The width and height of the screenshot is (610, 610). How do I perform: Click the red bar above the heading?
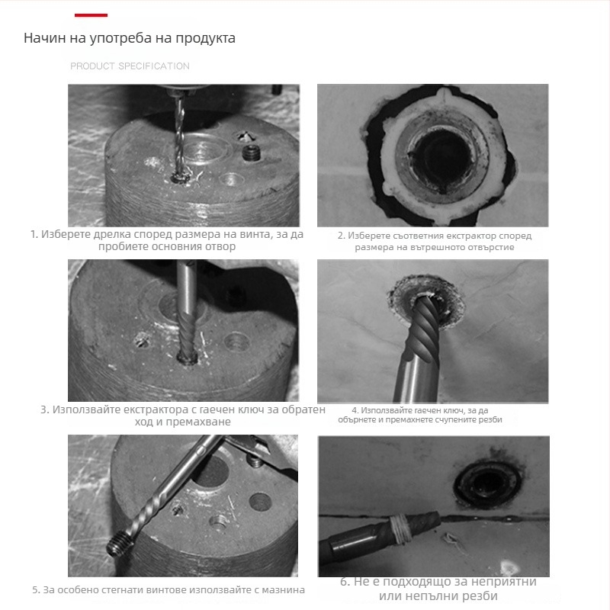[x=91, y=15]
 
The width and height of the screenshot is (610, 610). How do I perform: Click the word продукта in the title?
[x=205, y=38]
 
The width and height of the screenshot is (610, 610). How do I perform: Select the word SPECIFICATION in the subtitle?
[x=154, y=66]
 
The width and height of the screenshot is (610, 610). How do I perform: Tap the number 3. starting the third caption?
[x=45, y=409]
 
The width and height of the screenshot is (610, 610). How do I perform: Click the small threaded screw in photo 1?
[x=251, y=153]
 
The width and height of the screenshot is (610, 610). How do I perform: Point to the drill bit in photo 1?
[x=179, y=138]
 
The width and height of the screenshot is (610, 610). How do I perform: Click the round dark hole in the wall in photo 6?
[x=487, y=483]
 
